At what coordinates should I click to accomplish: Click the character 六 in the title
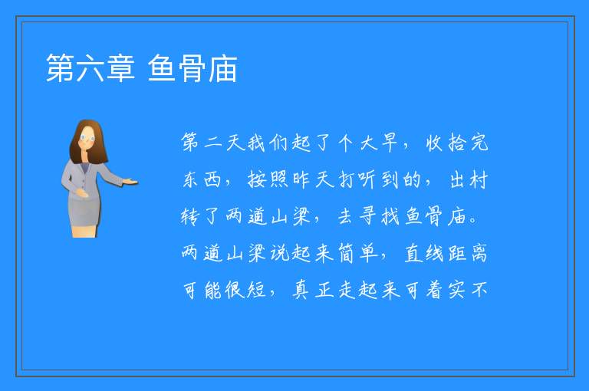pos(90,68)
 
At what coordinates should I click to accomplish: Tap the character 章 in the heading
pos(120,68)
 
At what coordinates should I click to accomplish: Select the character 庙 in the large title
pos(222,68)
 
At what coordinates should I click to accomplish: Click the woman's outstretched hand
pos(130,182)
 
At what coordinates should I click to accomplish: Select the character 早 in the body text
pos(390,143)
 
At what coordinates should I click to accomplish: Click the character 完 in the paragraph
pos(479,143)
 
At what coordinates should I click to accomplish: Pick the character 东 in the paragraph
pos(190,179)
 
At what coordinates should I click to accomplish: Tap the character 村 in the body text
pos(479,179)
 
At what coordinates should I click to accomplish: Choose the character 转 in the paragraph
pos(190,216)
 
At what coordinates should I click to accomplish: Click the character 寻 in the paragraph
pos(367,216)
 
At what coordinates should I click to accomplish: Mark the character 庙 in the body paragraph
pos(457,216)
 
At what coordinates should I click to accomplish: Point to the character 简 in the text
pos(345,253)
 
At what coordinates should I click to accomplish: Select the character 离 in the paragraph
pos(479,253)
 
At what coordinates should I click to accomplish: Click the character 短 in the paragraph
pos(257,290)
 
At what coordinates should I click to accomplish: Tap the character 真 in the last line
pos(301,290)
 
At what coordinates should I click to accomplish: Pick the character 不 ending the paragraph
pos(479,290)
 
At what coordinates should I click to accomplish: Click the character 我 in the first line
pos(257,143)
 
